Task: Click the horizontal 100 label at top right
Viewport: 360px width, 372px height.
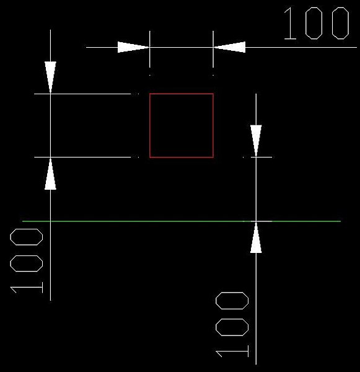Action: [317, 23]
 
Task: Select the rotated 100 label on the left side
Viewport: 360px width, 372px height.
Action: [26, 261]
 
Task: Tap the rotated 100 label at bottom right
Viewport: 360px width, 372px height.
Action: [232, 324]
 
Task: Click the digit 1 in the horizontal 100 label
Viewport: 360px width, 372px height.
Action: [290, 23]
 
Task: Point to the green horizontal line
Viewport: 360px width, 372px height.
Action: [182, 221]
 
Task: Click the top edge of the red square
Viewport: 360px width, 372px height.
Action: [182, 94]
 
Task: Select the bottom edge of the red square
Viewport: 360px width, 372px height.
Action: [182, 157]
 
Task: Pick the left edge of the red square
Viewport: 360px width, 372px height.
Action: [150, 125]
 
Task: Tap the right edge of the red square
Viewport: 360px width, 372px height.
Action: [213, 125]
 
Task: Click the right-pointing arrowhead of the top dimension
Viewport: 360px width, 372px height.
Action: [133, 47]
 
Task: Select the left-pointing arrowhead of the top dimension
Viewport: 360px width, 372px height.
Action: [229, 47]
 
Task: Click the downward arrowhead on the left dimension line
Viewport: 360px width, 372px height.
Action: [51, 77]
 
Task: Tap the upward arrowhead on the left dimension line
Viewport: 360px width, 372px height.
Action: [51, 174]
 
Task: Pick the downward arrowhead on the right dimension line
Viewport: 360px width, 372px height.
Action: [256, 141]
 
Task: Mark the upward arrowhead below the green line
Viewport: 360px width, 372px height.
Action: [256, 237]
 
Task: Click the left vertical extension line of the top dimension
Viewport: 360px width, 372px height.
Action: [150, 49]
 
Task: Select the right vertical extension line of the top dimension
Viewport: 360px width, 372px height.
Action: [213, 49]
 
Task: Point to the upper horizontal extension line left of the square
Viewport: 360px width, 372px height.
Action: [82, 94]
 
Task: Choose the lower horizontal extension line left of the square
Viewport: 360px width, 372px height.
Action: [82, 157]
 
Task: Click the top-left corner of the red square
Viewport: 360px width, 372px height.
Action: [150, 94]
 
